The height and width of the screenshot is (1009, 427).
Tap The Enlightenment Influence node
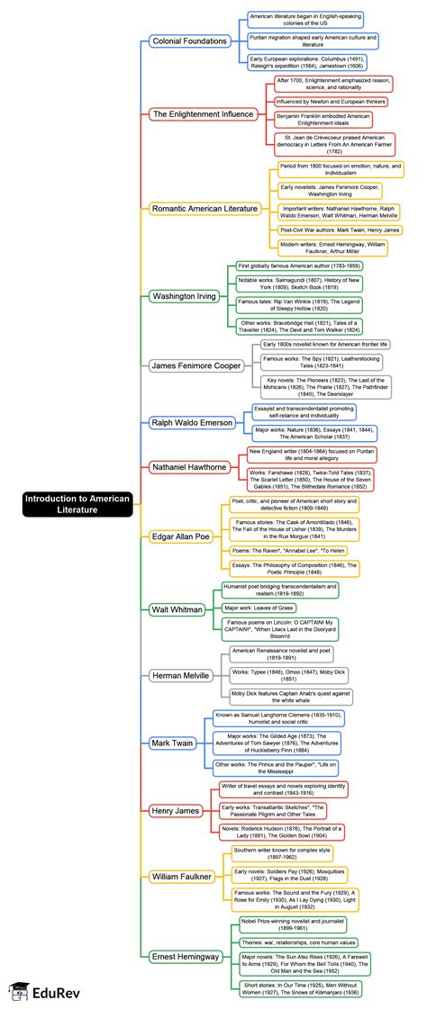pyautogui.click(x=203, y=114)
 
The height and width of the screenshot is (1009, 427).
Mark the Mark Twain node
pyautogui.click(x=171, y=743)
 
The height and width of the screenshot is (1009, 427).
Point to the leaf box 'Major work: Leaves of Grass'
pyautogui.click(x=261, y=608)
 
